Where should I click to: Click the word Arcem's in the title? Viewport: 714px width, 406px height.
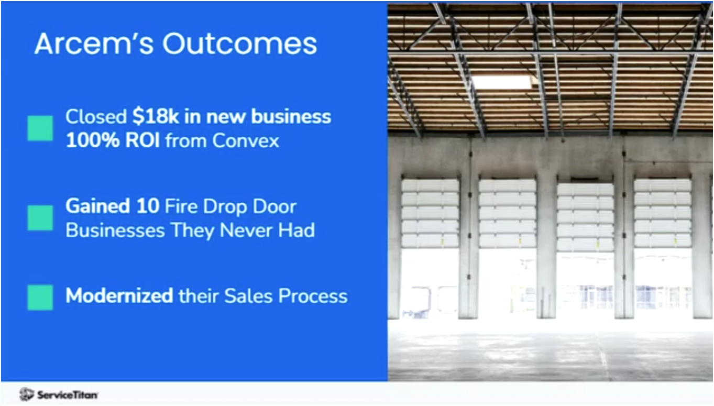tap(92, 44)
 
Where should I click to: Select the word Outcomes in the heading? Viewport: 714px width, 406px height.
tap(239, 44)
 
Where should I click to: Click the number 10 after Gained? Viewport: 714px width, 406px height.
tap(149, 206)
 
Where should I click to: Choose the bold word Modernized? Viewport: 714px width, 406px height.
tap(119, 296)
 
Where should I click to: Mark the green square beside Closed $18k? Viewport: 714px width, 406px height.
tap(40, 128)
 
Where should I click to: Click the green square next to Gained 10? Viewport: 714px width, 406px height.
tap(40, 218)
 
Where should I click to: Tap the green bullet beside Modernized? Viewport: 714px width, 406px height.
tap(40, 297)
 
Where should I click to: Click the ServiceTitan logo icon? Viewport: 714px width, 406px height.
tap(26, 394)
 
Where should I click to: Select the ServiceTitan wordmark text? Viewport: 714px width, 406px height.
tap(67, 394)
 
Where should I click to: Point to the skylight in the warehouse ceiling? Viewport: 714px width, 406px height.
tap(502, 82)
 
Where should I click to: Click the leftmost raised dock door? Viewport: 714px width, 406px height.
tap(430, 213)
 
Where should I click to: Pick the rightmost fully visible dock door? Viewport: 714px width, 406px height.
tap(662, 213)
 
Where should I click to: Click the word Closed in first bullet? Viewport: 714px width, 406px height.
tap(96, 116)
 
